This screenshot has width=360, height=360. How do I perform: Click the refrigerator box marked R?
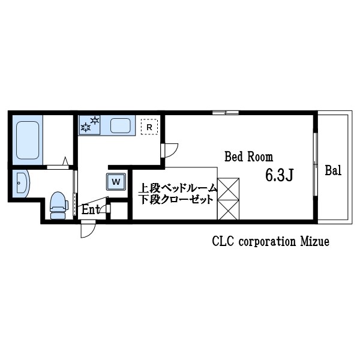pyautogui.click(x=148, y=127)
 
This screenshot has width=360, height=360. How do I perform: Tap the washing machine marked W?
pyautogui.click(x=116, y=181)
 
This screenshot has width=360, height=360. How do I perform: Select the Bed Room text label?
pyautogui.click(x=248, y=157)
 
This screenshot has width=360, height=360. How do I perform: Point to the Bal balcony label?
pyautogui.click(x=333, y=170)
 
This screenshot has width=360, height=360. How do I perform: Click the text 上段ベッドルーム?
pyautogui.click(x=178, y=188)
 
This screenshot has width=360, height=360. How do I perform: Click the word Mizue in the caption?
pyautogui.click(x=313, y=242)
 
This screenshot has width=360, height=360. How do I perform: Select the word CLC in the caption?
pyautogui.click(x=223, y=242)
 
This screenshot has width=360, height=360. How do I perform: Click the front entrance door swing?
pyautogui.click(x=88, y=229)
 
